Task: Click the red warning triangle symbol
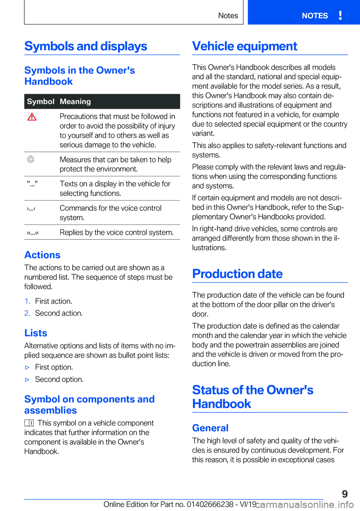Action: pyautogui.click(x=32, y=117)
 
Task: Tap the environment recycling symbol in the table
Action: pyautogui.click(x=31, y=159)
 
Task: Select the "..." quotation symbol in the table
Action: pyautogui.click(x=32, y=184)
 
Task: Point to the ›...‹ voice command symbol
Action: pyautogui.click(x=31, y=208)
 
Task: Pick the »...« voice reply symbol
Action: pyautogui.click(x=33, y=233)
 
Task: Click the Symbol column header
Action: pyautogui.click(x=40, y=101)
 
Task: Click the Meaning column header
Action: pyautogui.click(x=75, y=101)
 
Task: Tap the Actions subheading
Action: pyautogui.click(x=42, y=255)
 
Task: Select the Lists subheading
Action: pyautogui.click(x=36, y=333)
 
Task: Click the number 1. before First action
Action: pyautogui.click(x=27, y=301)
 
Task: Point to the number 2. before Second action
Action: pyautogui.click(x=27, y=313)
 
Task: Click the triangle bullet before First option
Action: pyautogui.click(x=27, y=368)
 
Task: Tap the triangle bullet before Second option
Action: pyautogui.click(x=27, y=380)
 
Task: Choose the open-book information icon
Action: pyautogui.click(x=29, y=423)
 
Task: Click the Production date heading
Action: pyautogui.click(x=237, y=274)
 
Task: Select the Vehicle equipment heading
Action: pyautogui.click(x=244, y=46)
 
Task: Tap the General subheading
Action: pyautogui.click(x=210, y=428)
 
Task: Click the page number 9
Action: pyautogui.click(x=345, y=494)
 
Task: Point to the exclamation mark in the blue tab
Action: pyautogui.click(x=340, y=15)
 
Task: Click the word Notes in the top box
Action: pyautogui.click(x=228, y=16)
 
